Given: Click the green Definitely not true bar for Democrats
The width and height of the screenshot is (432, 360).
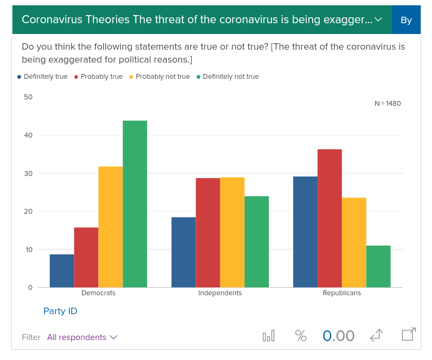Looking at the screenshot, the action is click(135, 204).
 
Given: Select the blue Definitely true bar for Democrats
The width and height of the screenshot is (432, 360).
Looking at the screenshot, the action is click(62, 271).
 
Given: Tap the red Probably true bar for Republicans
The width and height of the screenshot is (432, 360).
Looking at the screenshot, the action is click(330, 218).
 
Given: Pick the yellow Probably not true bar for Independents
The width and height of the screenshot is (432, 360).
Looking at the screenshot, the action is click(232, 232).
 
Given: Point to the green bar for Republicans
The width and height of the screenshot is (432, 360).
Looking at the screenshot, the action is click(379, 266).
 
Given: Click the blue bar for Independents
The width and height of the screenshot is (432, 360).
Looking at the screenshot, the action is click(184, 252).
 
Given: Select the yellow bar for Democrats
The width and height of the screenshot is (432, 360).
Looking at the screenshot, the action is click(111, 227).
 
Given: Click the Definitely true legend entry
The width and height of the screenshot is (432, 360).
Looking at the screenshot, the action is click(43, 77).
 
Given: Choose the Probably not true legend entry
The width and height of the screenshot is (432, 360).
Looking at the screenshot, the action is click(160, 77).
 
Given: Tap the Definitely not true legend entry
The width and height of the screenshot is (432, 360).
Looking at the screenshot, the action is click(227, 77).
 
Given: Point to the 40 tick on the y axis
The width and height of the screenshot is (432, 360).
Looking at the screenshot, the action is click(29, 135).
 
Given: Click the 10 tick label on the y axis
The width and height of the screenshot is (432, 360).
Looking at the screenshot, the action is click(29, 249).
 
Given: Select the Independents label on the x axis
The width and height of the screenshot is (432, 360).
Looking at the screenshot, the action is click(220, 293).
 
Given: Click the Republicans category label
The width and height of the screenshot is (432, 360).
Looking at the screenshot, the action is click(342, 293).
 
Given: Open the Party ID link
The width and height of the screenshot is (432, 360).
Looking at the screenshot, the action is click(60, 311).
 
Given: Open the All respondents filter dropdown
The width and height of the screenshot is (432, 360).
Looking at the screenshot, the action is click(82, 337).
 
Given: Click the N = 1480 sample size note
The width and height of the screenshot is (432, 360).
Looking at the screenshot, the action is click(388, 103).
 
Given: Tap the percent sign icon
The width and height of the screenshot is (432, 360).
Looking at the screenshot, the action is click(301, 336).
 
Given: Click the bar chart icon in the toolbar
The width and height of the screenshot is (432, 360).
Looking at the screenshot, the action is click(268, 336).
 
